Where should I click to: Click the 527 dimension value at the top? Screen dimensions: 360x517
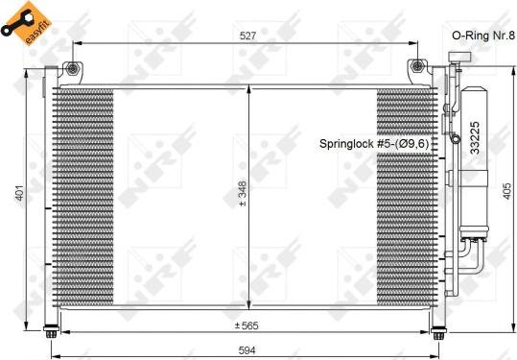coord(247,37)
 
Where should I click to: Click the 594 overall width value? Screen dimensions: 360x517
coord(247,349)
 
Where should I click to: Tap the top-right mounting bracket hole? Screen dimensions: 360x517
coord(416,67)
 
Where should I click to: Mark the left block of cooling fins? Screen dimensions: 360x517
coord(84,198)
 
